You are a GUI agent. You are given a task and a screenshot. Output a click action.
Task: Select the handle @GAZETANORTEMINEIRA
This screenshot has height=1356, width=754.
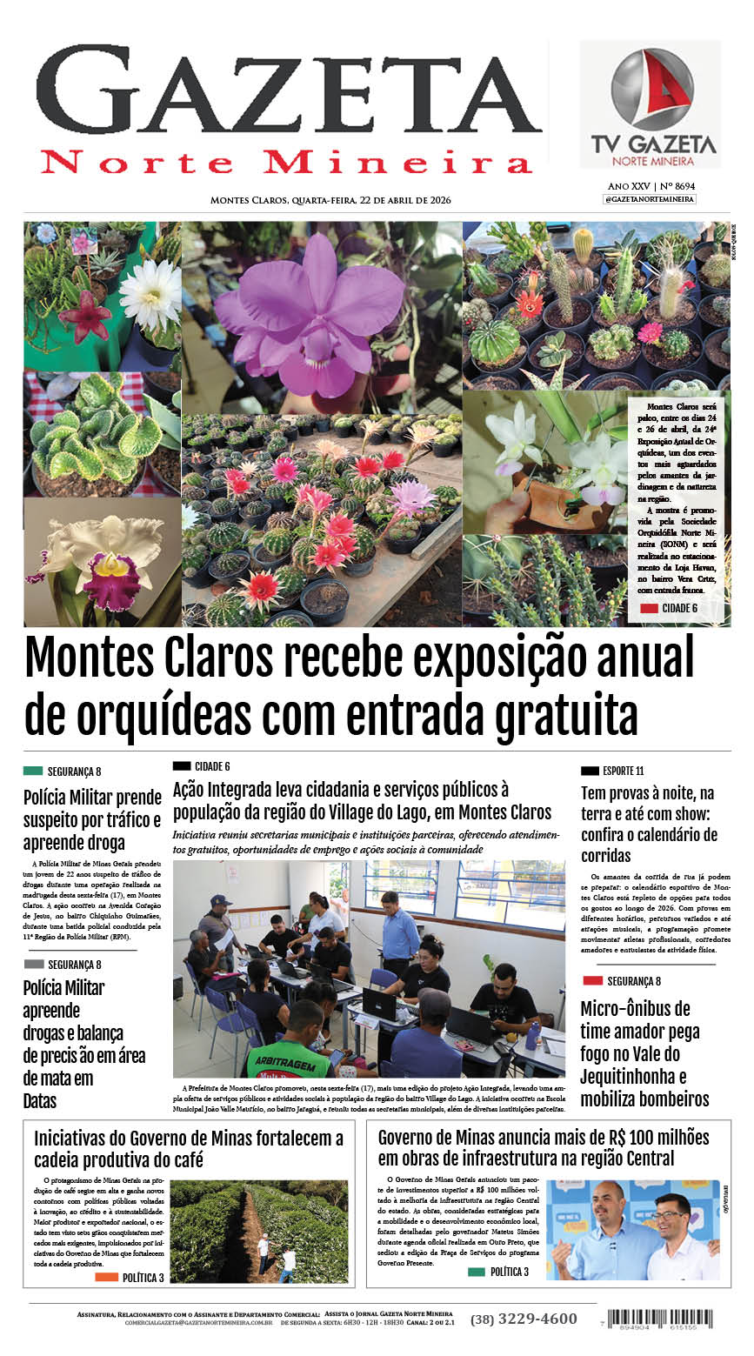650,199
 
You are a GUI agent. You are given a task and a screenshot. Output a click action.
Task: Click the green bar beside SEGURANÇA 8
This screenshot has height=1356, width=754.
33,771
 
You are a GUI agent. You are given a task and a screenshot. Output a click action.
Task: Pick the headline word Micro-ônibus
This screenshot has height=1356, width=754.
635,1009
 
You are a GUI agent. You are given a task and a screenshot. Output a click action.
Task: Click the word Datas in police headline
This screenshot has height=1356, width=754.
40,1101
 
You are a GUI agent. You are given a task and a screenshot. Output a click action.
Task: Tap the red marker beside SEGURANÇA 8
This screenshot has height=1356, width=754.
592,981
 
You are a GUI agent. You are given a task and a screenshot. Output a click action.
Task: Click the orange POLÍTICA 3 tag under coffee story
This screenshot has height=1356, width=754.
106,1278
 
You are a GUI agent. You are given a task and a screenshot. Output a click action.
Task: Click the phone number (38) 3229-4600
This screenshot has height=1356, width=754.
524,1319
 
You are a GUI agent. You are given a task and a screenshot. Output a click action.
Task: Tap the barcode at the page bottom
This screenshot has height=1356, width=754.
661,1318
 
